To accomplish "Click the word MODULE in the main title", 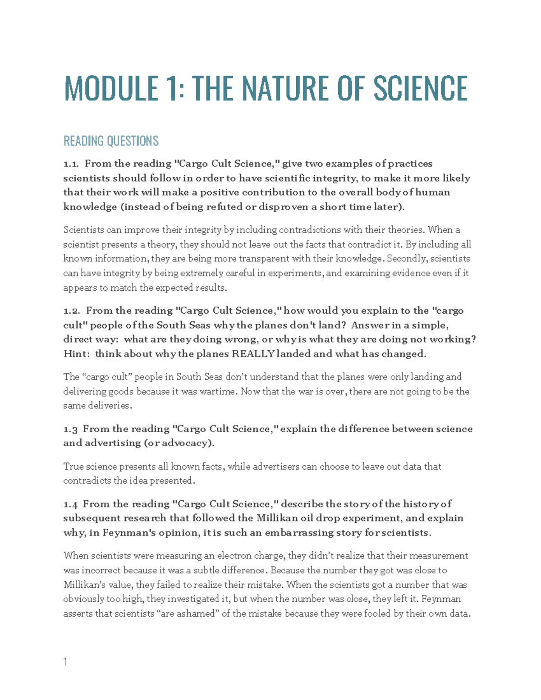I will pyautogui.click(x=111, y=88).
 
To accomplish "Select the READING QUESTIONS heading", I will pyautogui.click(x=111, y=141).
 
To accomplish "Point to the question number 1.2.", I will pyautogui.click(x=72, y=311).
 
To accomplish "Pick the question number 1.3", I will pyautogui.click(x=70, y=429).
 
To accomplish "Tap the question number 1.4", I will pyautogui.click(x=70, y=504).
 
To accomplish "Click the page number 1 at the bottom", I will pyautogui.click(x=66, y=662).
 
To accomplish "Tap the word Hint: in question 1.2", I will pyautogui.click(x=76, y=354).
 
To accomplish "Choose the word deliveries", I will pyautogui.click(x=109, y=406).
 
